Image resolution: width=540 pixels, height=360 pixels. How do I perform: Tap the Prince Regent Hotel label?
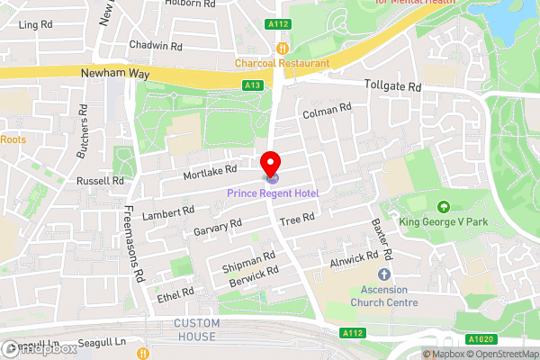[273, 193]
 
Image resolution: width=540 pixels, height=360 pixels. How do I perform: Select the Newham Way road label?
[112, 76]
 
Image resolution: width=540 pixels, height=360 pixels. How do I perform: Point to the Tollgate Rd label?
[393, 86]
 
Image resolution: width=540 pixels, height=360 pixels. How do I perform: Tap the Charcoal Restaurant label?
[283, 63]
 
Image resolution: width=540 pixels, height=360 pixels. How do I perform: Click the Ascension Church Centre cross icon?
[384, 274]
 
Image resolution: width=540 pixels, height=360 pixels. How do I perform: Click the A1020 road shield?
[481, 339]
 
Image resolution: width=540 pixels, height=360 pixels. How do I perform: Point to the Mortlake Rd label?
[209, 169]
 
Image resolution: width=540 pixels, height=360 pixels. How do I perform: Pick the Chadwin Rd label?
[156, 45]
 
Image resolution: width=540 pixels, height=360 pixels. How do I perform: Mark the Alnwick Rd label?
[354, 257]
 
